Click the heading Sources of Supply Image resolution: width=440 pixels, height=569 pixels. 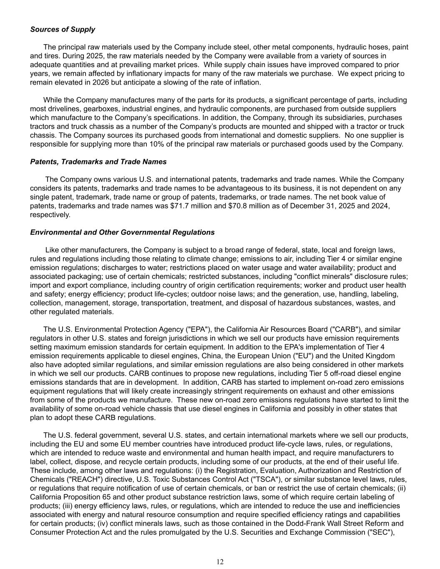point(63,30)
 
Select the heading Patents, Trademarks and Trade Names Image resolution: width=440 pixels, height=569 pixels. point(98,162)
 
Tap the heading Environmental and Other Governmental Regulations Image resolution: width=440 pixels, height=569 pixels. point(122,232)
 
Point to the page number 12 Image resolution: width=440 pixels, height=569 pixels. point(220,562)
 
